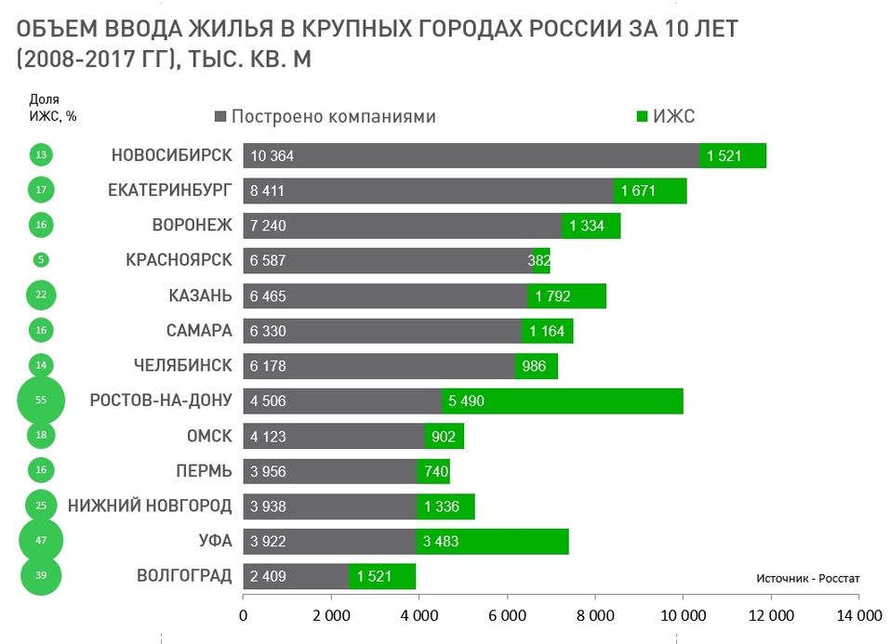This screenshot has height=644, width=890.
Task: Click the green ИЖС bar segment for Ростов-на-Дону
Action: tap(563, 401)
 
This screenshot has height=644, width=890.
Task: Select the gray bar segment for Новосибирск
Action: tap(471, 155)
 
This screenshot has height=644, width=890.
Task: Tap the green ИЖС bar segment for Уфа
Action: tap(492, 541)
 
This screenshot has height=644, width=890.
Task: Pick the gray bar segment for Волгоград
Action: tap(296, 576)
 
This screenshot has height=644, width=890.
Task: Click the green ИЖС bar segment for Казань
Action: tap(567, 296)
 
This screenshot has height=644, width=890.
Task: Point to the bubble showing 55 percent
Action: tap(41, 401)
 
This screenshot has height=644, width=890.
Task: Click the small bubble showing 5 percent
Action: tap(41, 260)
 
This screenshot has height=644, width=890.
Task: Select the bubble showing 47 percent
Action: tap(41, 541)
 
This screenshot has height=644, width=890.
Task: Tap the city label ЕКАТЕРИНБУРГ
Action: tap(170, 191)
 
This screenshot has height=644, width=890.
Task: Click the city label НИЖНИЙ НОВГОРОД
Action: tap(150, 506)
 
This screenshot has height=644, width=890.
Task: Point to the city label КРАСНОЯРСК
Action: tap(179, 260)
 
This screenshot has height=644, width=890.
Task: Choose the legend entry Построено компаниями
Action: tap(325, 116)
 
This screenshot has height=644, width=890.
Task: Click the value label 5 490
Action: tap(467, 401)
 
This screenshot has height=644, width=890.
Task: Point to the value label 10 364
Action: tap(272, 156)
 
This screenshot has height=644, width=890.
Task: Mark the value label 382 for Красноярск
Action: tap(539, 261)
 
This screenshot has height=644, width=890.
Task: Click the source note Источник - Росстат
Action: tap(808, 577)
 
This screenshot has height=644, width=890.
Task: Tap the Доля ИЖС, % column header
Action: tap(52, 108)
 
